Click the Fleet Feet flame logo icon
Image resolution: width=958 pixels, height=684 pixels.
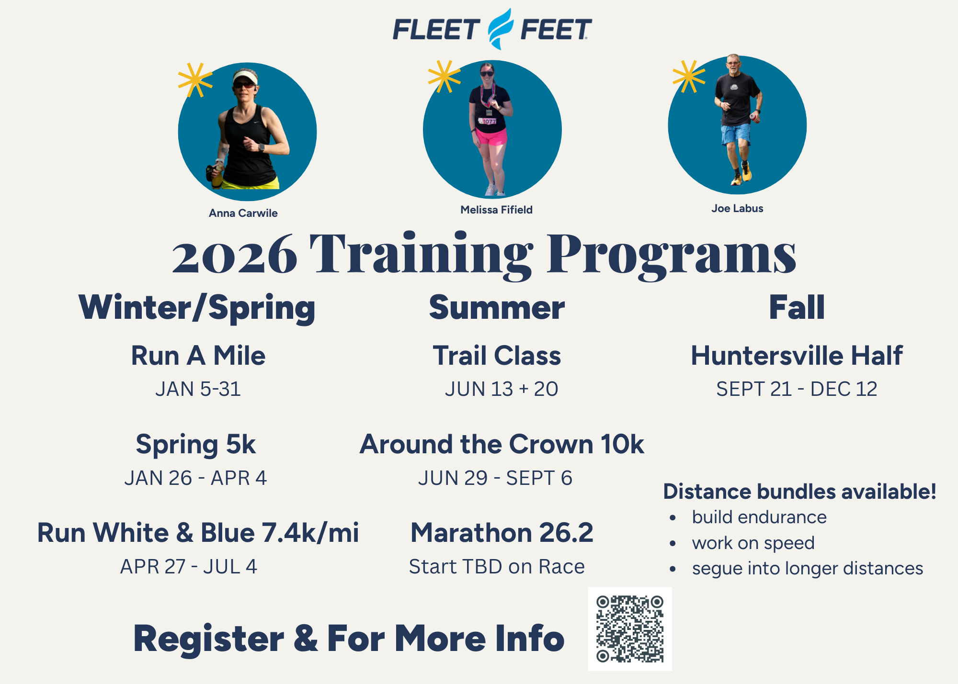click(x=501, y=29)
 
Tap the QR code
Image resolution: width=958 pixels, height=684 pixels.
click(x=630, y=629)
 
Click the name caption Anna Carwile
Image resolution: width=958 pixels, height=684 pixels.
click(x=243, y=213)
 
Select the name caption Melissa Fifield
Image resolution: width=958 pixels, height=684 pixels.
click(x=496, y=210)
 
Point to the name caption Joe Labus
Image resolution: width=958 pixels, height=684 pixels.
click(x=737, y=208)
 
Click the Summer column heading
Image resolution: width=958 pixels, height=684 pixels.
click(x=497, y=307)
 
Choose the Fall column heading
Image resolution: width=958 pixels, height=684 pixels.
click(x=797, y=307)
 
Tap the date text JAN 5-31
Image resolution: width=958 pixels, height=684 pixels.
click(x=198, y=389)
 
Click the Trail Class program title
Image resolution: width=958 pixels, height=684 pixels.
click(x=497, y=356)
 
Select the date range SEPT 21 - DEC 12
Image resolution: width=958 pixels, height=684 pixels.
click(x=797, y=389)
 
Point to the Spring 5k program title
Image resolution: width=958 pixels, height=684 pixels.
click(x=196, y=445)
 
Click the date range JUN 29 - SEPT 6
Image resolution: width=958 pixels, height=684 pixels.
click(x=495, y=478)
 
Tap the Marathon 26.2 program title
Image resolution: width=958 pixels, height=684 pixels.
click(x=502, y=533)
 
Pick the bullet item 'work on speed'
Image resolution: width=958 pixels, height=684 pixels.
click(x=753, y=543)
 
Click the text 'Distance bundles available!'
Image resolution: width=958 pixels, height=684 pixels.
click(x=799, y=492)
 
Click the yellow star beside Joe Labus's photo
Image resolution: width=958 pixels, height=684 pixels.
click(x=689, y=77)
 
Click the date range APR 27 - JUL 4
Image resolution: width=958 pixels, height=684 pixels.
click(x=189, y=567)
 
